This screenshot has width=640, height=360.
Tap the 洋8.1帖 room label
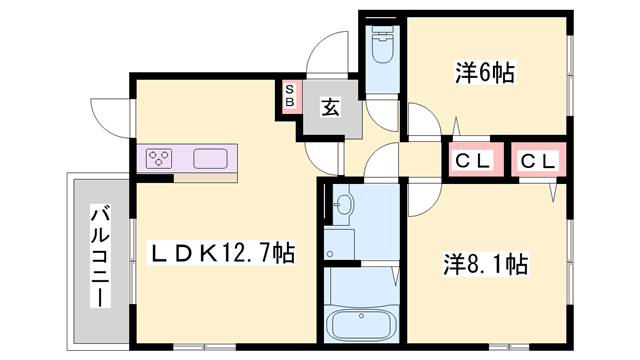(485, 264)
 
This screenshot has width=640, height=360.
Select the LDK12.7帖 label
(222, 252)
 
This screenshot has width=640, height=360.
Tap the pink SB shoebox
(289, 97)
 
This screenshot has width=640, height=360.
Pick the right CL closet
(538, 160)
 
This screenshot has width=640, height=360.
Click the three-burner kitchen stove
(160, 157)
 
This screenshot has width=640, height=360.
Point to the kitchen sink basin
(213, 157)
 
